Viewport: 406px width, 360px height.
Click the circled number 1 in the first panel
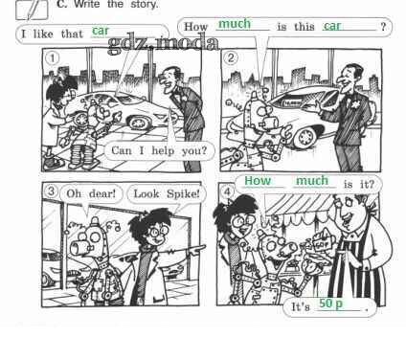(53, 58)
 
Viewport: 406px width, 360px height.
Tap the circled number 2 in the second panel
(231, 57)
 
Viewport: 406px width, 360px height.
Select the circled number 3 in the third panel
(52, 191)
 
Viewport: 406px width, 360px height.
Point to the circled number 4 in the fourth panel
(227, 191)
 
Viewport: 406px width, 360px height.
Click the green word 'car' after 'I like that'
(101, 31)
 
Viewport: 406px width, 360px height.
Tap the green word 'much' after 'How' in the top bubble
(235, 24)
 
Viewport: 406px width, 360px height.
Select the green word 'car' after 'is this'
(332, 26)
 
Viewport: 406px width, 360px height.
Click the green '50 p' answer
(330, 304)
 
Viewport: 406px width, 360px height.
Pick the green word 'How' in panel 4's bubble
(258, 180)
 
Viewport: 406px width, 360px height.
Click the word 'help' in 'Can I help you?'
(163, 150)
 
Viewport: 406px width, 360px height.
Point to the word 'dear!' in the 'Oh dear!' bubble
(102, 193)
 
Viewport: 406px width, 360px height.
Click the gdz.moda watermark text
(164, 44)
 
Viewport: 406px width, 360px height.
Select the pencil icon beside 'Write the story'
(32, 9)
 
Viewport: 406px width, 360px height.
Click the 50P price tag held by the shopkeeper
(321, 243)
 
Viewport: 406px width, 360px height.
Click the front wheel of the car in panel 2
(304, 136)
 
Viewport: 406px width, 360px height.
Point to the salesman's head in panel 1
(169, 79)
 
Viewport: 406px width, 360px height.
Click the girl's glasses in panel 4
(241, 222)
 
